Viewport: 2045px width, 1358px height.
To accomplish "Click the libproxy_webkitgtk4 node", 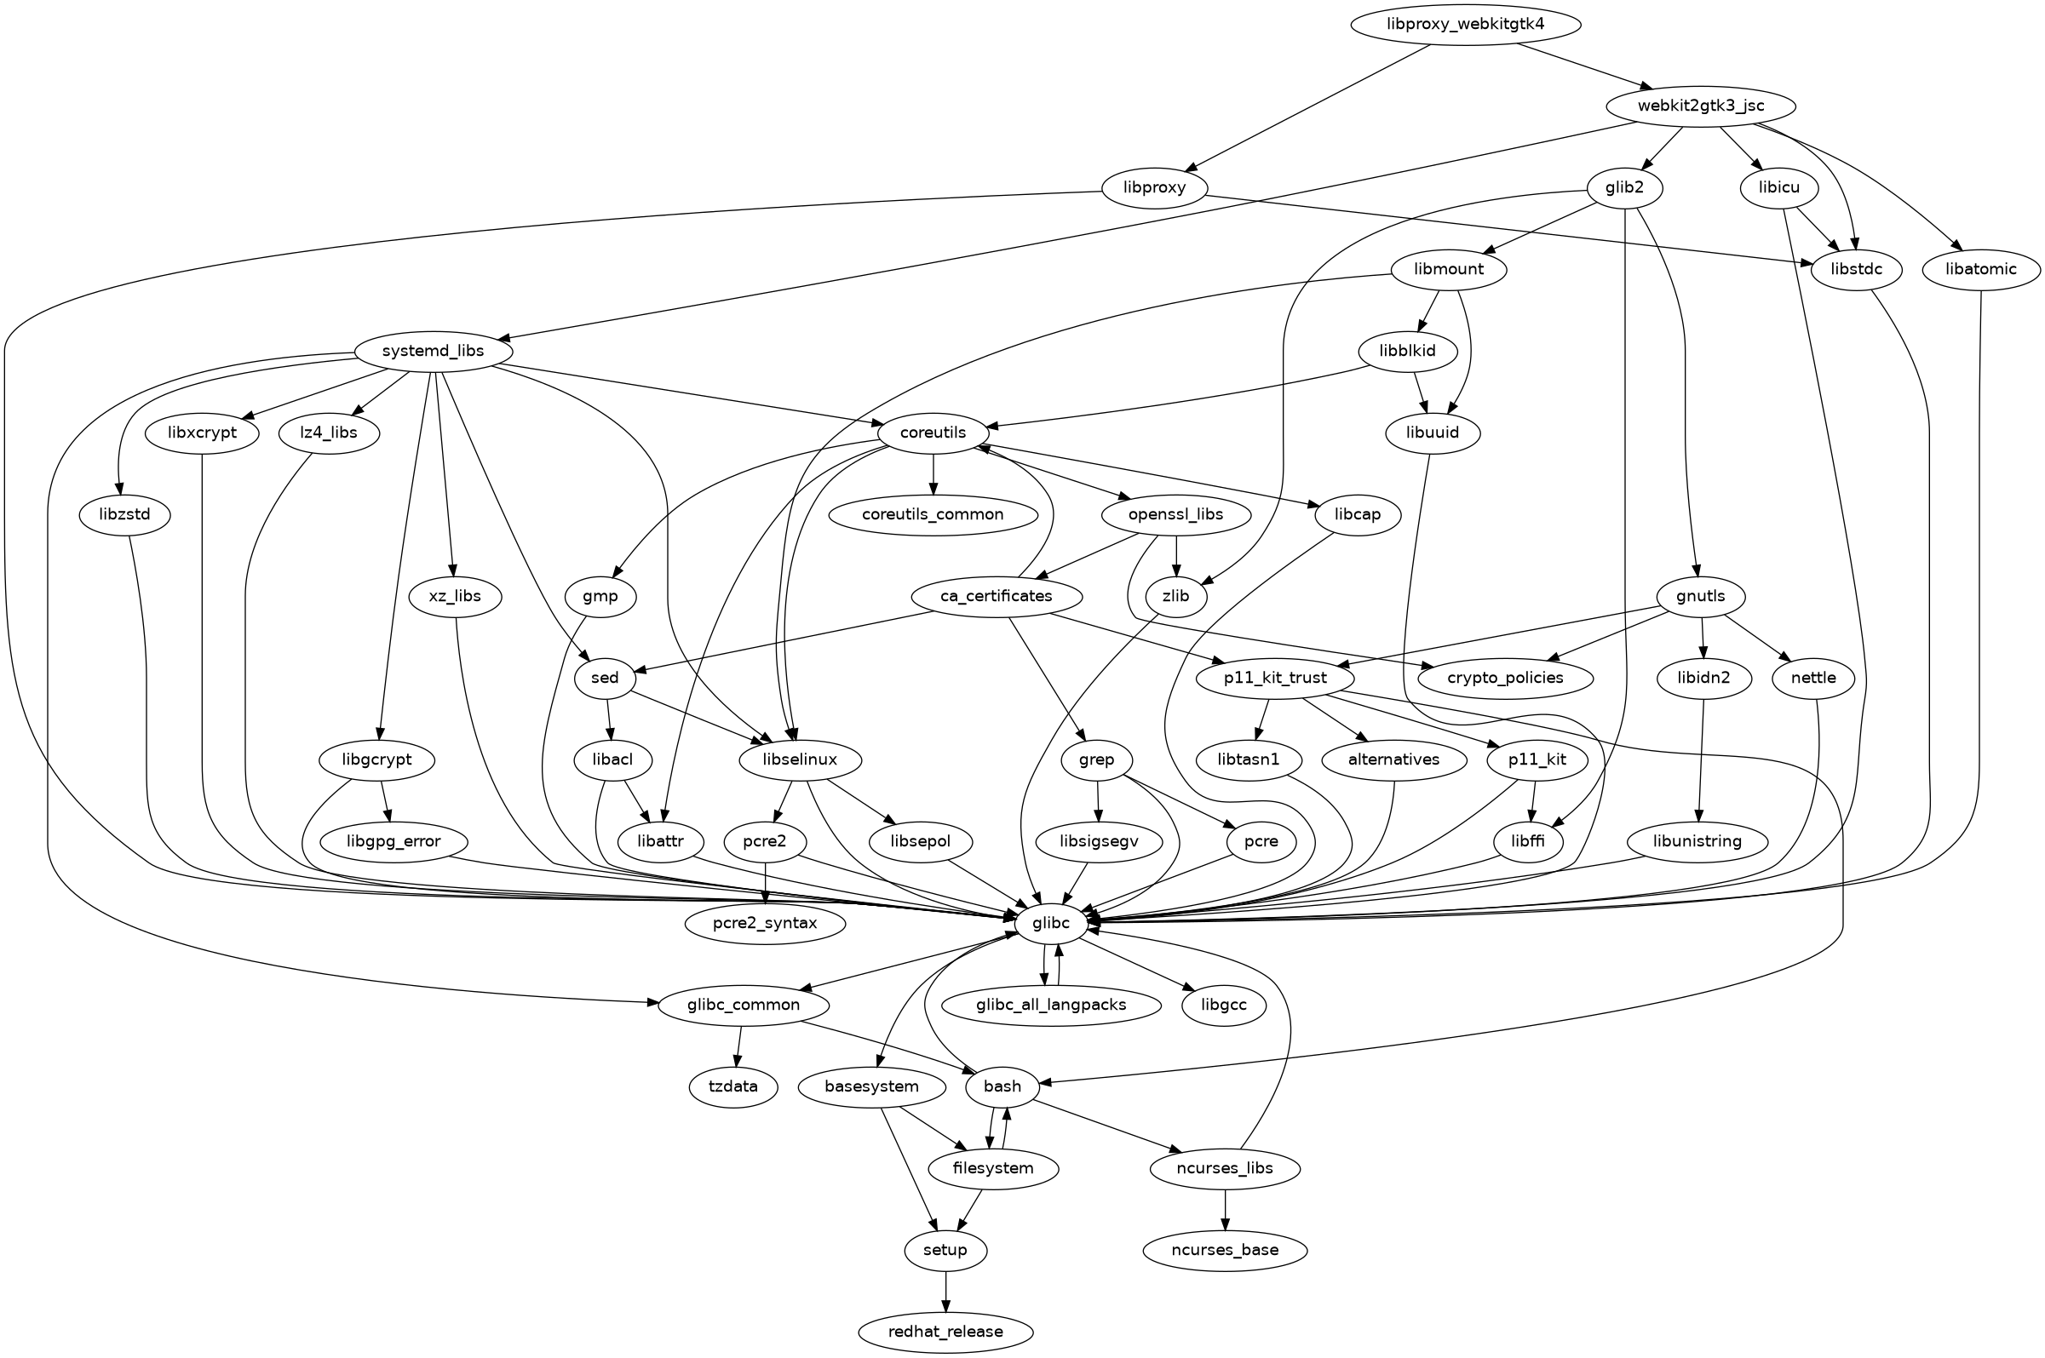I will pyautogui.click(x=1466, y=24).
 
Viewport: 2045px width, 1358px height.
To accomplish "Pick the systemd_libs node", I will pyautogui.click(x=433, y=352).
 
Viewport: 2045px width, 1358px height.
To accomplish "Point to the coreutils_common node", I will pyautogui.click(x=933, y=514).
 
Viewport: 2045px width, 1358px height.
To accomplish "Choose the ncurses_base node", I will pyautogui.click(x=1225, y=1251).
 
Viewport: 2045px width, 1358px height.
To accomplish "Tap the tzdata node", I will pyautogui.click(x=733, y=1087).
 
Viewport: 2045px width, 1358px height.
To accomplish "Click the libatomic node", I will pyautogui.click(x=1982, y=269).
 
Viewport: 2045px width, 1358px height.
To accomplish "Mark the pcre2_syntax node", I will pyautogui.click(x=765, y=924).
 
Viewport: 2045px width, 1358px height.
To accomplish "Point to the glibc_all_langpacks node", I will pyautogui.click(x=1052, y=1006).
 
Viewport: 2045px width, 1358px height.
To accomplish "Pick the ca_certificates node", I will pyautogui.click(x=996, y=596).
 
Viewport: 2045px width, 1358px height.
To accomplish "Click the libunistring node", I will pyautogui.click(x=1697, y=841).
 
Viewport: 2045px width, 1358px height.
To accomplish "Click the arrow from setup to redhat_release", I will pyautogui.click(x=946, y=1292).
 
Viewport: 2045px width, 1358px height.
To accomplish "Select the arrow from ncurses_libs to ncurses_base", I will pyautogui.click(x=1225, y=1210).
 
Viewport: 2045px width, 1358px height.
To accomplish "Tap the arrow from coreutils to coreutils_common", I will pyautogui.click(x=933, y=473).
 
